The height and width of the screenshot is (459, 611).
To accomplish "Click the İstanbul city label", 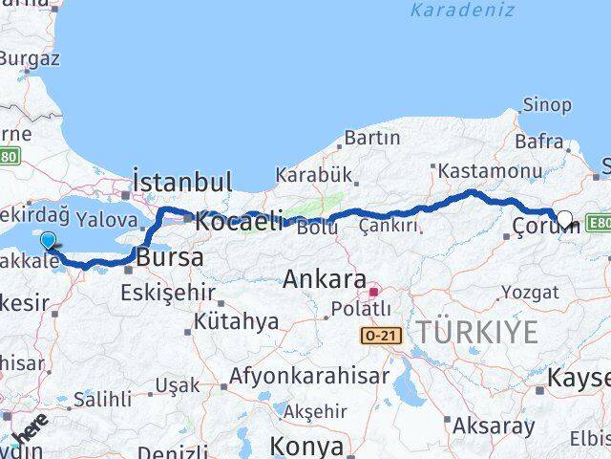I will pos(182,182).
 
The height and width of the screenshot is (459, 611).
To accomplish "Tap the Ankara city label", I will pos(325,280).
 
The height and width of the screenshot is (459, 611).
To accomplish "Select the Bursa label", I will pos(170,258).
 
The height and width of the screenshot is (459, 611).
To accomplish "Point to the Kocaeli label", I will pos(239,222).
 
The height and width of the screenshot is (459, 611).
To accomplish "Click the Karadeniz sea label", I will pos(461,11).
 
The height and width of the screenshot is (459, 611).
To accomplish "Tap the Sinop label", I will pos(547,105).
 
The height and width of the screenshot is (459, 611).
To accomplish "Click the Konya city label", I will pos(305,446).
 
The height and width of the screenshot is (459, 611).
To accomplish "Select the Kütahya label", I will pos(236,321).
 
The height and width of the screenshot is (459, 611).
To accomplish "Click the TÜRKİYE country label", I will pos(476,332).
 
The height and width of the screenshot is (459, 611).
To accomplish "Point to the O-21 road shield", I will pos(380,336).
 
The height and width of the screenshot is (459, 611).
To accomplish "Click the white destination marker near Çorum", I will pos(564,219).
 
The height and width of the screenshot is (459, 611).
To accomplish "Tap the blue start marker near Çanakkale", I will pos(49,241).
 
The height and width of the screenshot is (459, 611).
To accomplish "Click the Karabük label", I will pos(314,175).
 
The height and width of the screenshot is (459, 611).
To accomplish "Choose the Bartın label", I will pos(371,138).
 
